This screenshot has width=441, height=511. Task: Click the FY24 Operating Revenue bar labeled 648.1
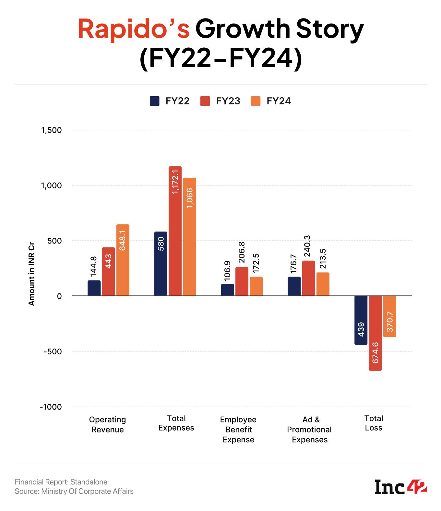point(123,260)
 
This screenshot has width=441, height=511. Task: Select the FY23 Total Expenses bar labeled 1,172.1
point(175,231)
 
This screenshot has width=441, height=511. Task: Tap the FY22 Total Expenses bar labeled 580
point(161,264)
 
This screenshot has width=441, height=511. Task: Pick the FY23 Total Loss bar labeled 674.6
point(375,333)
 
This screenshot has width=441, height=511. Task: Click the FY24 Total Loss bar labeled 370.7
point(389,316)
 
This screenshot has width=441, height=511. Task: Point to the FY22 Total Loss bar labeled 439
point(361,320)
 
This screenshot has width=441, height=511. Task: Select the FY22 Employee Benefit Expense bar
point(227,290)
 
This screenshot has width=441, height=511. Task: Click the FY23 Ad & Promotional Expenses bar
point(308,278)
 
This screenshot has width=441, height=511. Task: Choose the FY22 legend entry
point(170,101)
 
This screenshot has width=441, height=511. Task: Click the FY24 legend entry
point(271,101)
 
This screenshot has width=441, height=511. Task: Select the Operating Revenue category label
point(107,424)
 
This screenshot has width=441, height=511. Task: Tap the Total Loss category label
point(374,423)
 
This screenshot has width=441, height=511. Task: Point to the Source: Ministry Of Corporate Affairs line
point(74,491)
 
